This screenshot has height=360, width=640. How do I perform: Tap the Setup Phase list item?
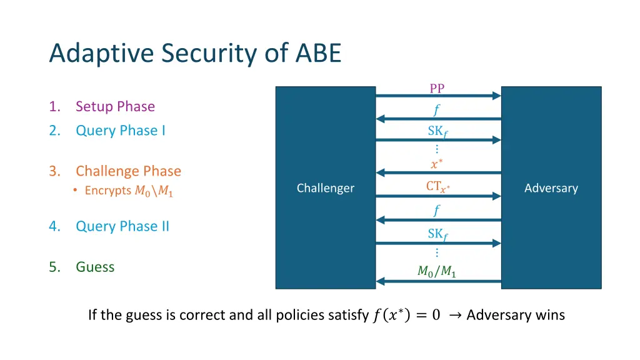pos(115,107)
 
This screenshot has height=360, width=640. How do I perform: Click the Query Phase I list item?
pos(120,131)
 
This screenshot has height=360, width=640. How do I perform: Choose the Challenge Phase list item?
pos(128,171)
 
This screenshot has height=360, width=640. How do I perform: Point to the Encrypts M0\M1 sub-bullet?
pos(129,191)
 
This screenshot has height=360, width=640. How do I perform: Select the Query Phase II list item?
pos(122,226)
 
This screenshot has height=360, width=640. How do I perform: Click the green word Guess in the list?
pos(95,267)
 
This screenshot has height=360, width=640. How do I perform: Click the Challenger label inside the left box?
pos(325,188)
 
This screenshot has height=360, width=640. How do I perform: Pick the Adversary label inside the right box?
pos(551,188)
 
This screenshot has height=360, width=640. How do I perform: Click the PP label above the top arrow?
pos(437,88)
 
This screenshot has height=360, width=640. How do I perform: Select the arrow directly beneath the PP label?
pos(438,96)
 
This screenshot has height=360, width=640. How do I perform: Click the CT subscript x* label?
pos(437,186)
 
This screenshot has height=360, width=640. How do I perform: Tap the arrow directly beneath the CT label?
pos(438,196)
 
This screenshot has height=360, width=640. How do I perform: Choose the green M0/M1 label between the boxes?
pos(436,271)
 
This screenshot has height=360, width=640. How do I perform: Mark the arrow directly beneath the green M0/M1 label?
pos(438,281)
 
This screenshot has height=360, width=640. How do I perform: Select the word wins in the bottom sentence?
pos(550,315)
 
